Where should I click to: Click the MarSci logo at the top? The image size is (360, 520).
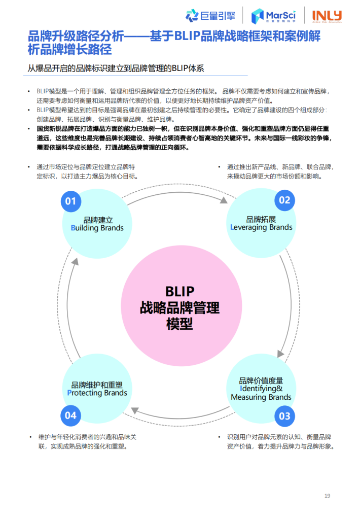(273, 16)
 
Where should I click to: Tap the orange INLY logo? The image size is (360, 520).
(327, 16)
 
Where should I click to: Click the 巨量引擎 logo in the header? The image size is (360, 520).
(210, 16)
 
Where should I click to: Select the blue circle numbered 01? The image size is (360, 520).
(71, 201)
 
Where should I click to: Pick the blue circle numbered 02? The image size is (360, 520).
(284, 200)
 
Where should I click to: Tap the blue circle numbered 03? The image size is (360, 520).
(284, 416)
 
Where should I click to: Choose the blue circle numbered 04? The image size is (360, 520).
(70, 415)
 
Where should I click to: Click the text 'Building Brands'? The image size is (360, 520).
(97, 228)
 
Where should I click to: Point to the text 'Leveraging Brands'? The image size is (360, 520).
(261, 227)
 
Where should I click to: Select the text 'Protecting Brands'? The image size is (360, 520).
(97, 393)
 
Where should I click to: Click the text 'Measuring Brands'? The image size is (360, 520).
(261, 397)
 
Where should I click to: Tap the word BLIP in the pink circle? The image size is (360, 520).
(180, 292)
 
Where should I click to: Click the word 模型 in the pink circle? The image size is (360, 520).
(179, 324)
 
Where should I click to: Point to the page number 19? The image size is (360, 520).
(327, 496)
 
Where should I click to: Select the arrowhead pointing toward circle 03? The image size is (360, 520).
(280, 354)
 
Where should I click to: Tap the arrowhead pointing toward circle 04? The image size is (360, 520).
(134, 410)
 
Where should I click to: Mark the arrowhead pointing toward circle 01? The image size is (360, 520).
(75, 262)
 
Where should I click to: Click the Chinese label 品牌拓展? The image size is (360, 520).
(261, 219)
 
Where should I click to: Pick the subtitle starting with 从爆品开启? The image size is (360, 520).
(116, 68)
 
